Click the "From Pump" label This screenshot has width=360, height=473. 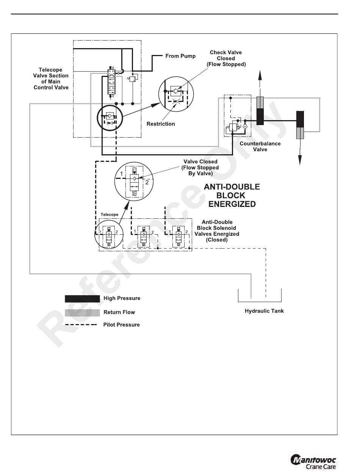click(x=180, y=56)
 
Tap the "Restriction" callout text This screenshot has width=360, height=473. click(x=161, y=124)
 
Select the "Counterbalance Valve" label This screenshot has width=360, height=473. click(x=260, y=147)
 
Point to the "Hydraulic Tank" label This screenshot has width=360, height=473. click(x=264, y=311)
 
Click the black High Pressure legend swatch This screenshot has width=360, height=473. click(x=82, y=299)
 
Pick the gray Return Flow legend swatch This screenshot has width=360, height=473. click(x=82, y=313)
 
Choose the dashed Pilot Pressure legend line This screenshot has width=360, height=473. click(x=81, y=325)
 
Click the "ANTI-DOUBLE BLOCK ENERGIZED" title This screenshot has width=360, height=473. click(x=232, y=196)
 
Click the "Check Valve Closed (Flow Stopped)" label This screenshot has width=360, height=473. click(x=226, y=58)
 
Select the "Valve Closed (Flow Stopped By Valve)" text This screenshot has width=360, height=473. click(x=200, y=168)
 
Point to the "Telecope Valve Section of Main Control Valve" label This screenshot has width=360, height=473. click(x=51, y=79)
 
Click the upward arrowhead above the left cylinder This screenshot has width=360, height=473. click(x=260, y=75)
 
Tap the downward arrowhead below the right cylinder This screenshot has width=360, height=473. click(x=300, y=160)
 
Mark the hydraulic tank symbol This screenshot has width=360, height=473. click(x=260, y=295)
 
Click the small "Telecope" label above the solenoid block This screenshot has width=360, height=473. click(x=110, y=215)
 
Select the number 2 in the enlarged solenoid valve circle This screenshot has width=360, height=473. click(x=147, y=182)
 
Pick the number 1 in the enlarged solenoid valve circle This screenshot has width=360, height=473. click(x=121, y=174)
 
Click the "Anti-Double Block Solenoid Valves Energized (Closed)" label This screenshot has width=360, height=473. click(x=217, y=231)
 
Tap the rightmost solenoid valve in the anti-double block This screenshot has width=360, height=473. click(x=178, y=236)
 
